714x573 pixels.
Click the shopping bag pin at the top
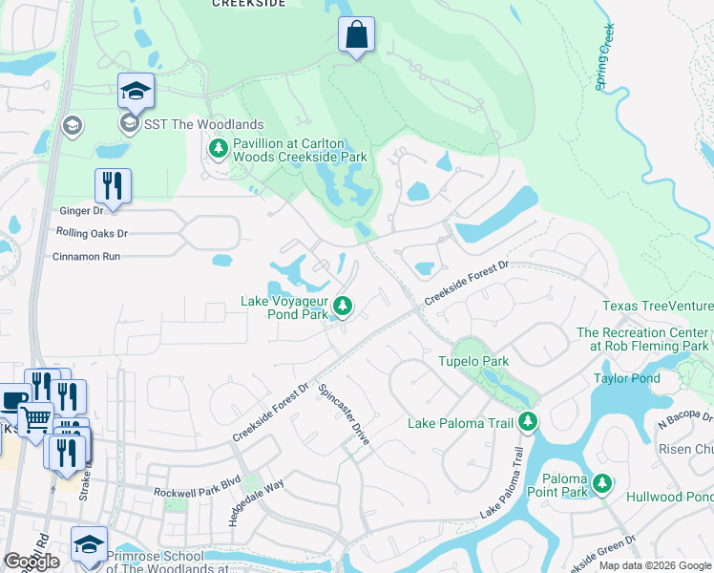click(x=356, y=35)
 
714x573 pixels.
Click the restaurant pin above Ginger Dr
click(x=113, y=186)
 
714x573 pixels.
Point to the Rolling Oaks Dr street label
click(x=92, y=233)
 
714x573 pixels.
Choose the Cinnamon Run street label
click(x=86, y=256)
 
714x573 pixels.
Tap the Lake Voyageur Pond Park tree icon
click(x=344, y=307)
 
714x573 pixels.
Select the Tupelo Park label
click(x=472, y=361)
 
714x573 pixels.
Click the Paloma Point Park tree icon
click(x=602, y=484)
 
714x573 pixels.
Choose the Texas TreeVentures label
click(x=657, y=307)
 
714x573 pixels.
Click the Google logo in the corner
click(x=31, y=562)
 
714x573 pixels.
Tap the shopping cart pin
click(x=35, y=419)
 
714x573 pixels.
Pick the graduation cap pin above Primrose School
click(x=89, y=544)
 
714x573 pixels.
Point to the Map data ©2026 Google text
click(x=654, y=565)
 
